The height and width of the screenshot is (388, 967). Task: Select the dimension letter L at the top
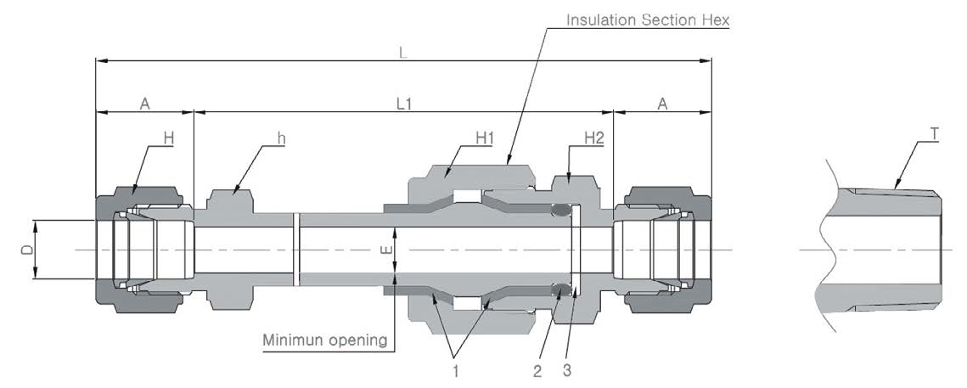pos(403,53)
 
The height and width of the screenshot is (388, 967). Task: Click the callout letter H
pos(168,138)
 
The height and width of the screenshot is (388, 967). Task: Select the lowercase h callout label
pos(279,138)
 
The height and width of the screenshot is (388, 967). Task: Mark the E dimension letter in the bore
pos(385,251)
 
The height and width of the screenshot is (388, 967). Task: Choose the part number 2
pos(537,370)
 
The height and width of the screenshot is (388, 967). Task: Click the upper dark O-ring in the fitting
pos(561,211)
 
